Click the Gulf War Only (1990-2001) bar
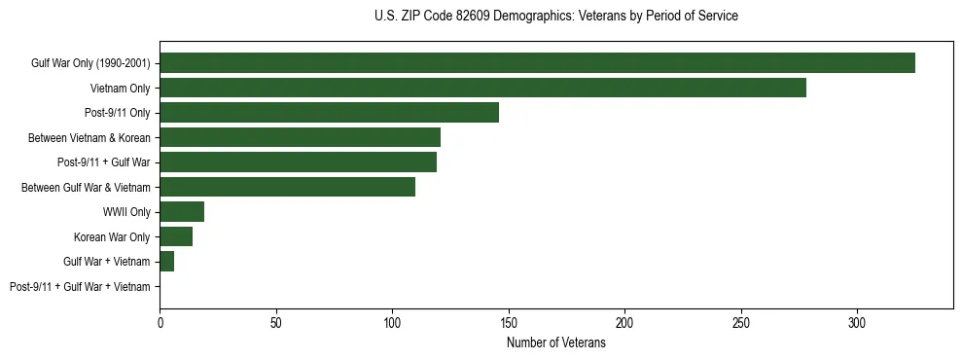[x=537, y=63]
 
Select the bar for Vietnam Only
[x=482, y=88]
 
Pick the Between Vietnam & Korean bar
[x=300, y=137]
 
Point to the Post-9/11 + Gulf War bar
[x=298, y=162]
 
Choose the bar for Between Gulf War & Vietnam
[x=287, y=187]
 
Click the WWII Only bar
[x=182, y=212]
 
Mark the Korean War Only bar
[x=176, y=236]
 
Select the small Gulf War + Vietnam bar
[x=166, y=262]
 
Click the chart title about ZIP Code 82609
[x=555, y=17]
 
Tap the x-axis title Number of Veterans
[x=555, y=343]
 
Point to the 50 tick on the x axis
[x=276, y=322]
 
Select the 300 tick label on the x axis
[x=857, y=322]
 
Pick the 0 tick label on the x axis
[x=160, y=322]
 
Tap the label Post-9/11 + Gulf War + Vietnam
[x=80, y=287]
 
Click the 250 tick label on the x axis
[x=741, y=322]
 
